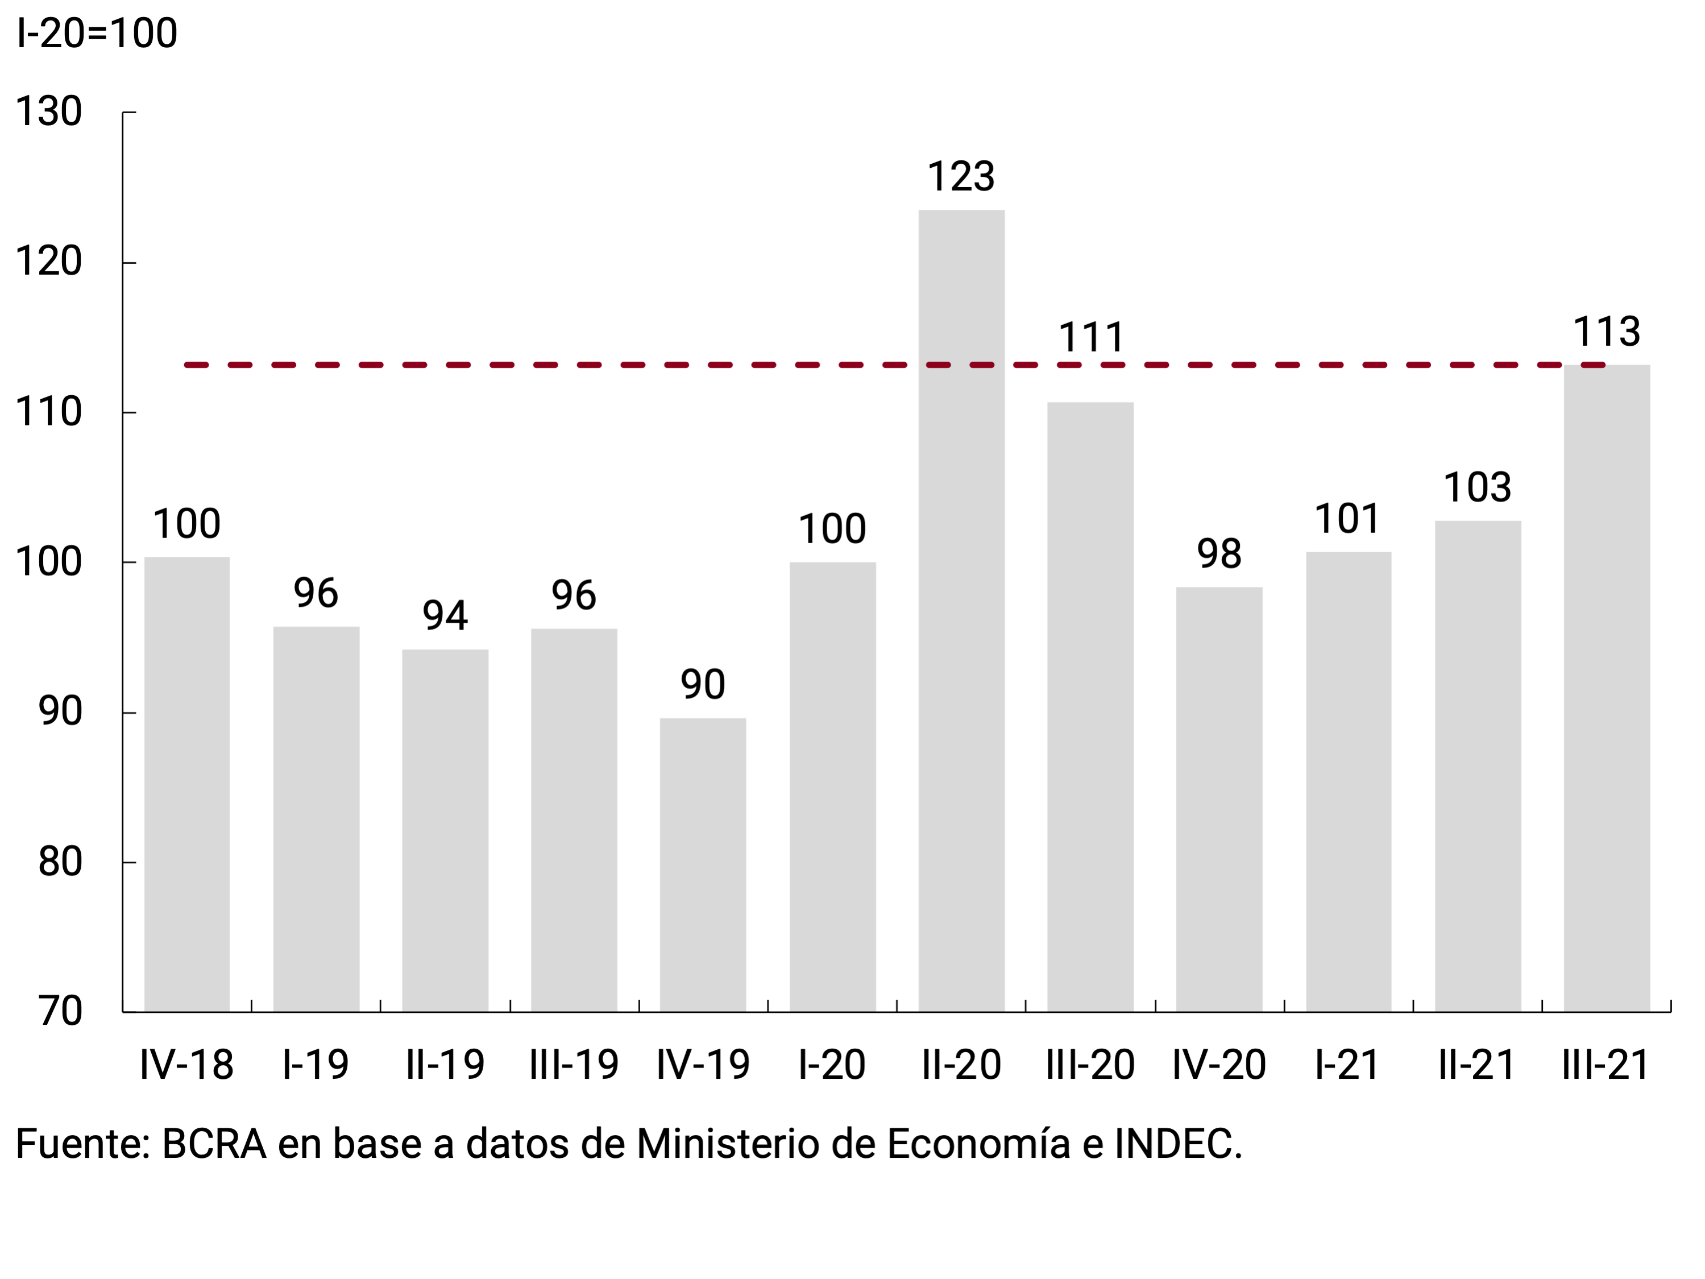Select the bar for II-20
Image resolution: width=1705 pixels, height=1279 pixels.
[961, 609]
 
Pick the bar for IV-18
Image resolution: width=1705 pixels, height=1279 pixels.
[186, 783]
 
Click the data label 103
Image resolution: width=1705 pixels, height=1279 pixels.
[1477, 487]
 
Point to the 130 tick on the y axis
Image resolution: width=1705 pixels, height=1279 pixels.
[48, 112]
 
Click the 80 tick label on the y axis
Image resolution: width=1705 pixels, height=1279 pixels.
[60, 862]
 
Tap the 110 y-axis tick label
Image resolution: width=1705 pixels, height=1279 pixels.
[48, 412]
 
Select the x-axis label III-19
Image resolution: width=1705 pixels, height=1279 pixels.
[574, 1065]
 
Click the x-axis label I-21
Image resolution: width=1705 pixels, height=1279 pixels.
[1347, 1065]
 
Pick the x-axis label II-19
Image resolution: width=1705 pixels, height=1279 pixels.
[445, 1065]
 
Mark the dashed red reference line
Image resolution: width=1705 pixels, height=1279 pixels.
[540, 365]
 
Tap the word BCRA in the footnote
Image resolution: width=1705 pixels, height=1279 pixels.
[214, 1143]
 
